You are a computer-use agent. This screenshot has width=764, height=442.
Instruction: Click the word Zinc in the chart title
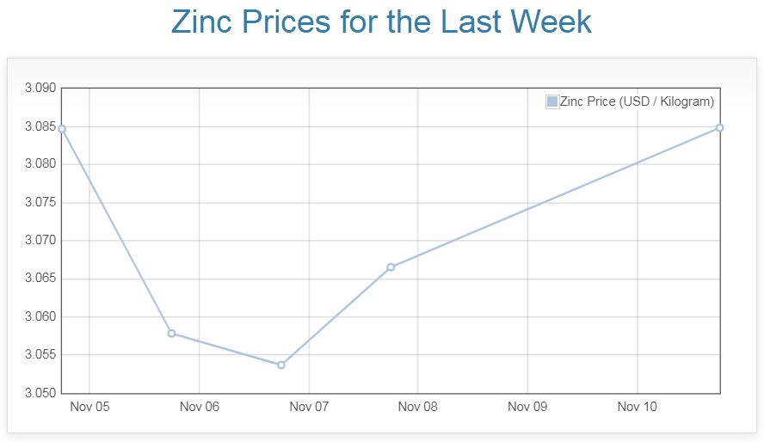point(206,21)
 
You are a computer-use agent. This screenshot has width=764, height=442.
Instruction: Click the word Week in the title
point(550,21)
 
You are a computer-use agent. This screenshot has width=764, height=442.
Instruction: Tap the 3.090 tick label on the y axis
point(40,89)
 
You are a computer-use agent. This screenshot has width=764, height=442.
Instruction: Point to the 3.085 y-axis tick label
point(40,126)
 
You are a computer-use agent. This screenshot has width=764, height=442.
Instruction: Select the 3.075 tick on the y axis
point(40,203)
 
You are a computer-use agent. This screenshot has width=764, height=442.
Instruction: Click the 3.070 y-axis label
point(40,241)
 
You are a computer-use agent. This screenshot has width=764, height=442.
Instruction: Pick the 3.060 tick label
point(40,317)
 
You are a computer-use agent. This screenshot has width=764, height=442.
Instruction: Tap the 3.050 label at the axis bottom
point(40,393)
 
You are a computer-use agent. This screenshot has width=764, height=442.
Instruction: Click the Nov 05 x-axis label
point(89,407)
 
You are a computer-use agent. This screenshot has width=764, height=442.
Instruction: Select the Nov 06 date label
point(200,407)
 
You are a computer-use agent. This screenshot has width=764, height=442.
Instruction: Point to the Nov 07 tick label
point(309,407)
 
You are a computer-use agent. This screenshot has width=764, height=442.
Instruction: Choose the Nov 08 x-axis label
point(418,407)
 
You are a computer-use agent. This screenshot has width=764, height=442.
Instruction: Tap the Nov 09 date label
point(527,407)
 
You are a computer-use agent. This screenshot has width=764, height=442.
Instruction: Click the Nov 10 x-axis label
point(638,407)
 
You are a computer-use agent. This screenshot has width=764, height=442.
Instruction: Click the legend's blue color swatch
point(552,101)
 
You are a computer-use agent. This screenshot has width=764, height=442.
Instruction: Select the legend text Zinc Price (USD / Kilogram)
point(637,101)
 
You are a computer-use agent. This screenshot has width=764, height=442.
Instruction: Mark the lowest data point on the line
point(281,365)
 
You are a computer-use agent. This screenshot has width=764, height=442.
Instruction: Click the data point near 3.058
point(171,333)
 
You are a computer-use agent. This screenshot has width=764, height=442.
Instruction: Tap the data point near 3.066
point(391,267)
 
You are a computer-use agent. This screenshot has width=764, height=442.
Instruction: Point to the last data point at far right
point(719,127)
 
